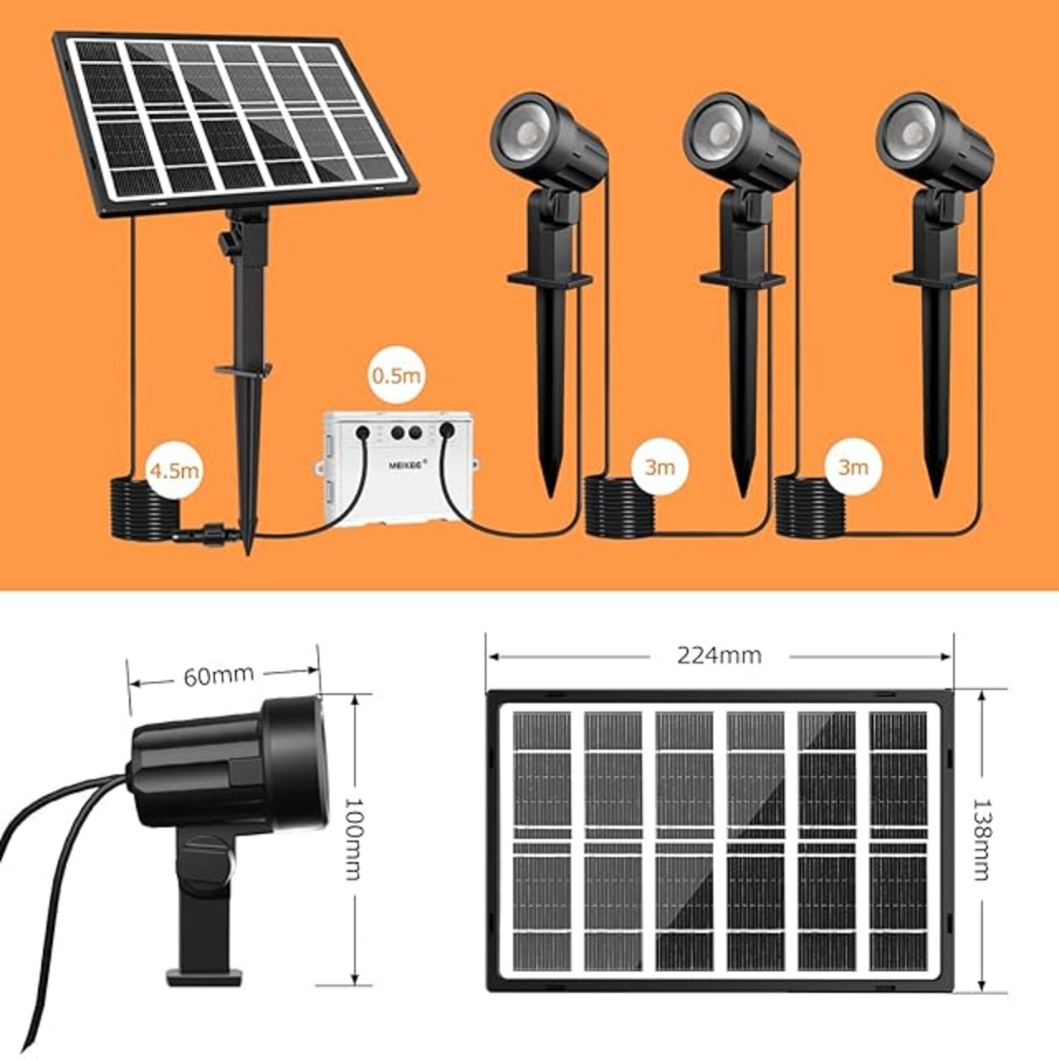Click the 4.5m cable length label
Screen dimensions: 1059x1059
click(175, 470)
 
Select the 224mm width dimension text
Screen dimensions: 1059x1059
click(719, 655)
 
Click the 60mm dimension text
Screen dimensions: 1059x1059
click(218, 676)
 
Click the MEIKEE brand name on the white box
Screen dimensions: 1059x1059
click(406, 464)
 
